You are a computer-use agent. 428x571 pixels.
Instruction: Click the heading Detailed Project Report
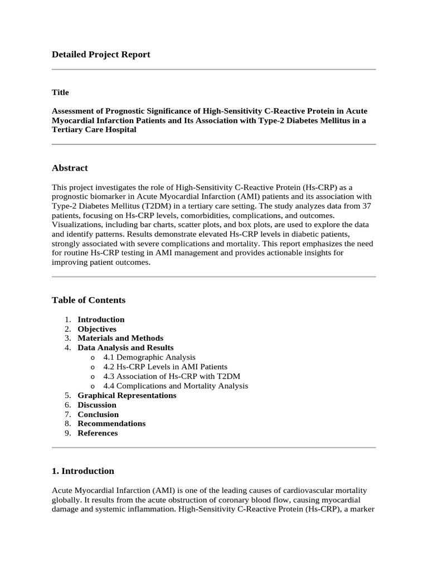click(101, 54)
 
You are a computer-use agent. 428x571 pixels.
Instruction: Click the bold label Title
click(60, 93)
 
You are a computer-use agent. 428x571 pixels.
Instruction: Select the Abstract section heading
click(70, 168)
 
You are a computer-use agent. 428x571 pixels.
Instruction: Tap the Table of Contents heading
click(89, 300)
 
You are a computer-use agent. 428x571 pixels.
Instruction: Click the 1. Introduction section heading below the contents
click(83, 471)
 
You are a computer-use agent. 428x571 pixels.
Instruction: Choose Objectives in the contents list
click(97, 329)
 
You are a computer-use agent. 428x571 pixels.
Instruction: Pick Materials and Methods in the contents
click(120, 338)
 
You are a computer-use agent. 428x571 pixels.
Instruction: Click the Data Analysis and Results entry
click(125, 347)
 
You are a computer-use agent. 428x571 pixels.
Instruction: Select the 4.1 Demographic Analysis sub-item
click(149, 357)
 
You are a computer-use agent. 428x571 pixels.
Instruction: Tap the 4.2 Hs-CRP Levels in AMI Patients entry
click(165, 366)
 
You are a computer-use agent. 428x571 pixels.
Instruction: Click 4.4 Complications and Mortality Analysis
click(176, 385)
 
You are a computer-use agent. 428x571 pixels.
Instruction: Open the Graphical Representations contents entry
click(127, 395)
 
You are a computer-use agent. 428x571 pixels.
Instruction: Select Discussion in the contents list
click(97, 405)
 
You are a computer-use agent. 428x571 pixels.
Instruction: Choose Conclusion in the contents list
click(98, 414)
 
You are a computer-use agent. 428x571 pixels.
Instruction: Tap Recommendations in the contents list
click(111, 423)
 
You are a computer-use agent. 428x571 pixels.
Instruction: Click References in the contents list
click(98, 433)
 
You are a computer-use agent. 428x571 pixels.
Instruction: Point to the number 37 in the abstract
click(366, 206)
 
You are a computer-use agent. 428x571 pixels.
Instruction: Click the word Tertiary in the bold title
click(67, 129)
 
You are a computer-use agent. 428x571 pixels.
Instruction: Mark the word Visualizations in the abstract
click(77, 225)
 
